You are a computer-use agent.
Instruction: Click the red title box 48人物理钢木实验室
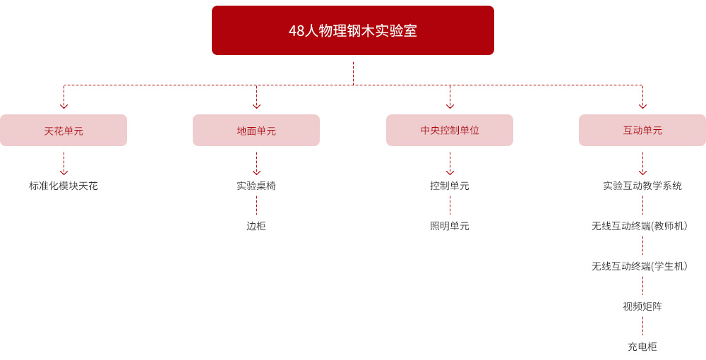(353, 30)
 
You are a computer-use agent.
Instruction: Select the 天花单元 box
(64, 130)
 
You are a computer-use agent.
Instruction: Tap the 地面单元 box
(256, 130)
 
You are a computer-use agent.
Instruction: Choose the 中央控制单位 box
(450, 130)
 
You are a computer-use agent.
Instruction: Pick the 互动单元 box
(642, 130)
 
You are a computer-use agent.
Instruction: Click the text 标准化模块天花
(64, 186)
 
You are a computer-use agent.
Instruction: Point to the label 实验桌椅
(256, 186)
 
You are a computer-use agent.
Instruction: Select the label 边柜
(256, 226)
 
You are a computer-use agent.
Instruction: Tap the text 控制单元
(450, 186)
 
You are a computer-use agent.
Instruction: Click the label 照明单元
(450, 226)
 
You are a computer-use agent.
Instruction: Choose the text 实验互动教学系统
(642, 186)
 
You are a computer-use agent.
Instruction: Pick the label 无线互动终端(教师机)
(640, 226)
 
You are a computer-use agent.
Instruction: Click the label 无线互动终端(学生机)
(640, 266)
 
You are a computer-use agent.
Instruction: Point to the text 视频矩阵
(642, 306)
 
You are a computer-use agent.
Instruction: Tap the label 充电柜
(642, 347)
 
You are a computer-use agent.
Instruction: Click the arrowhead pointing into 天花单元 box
(64, 106)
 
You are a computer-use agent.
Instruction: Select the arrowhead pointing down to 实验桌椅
(257, 172)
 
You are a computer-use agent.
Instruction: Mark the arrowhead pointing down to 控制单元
(450, 172)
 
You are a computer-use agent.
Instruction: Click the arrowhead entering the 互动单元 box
(642, 106)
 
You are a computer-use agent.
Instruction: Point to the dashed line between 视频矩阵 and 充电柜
(642, 326)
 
